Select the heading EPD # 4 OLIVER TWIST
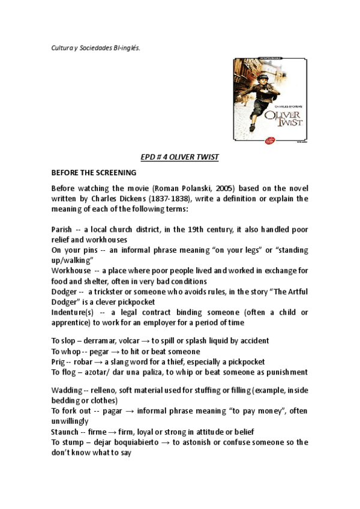coord(179,157)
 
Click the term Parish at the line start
coord(62,229)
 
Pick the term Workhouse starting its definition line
coord(71,271)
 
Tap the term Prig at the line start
coord(58,361)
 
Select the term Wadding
coord(67,390)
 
